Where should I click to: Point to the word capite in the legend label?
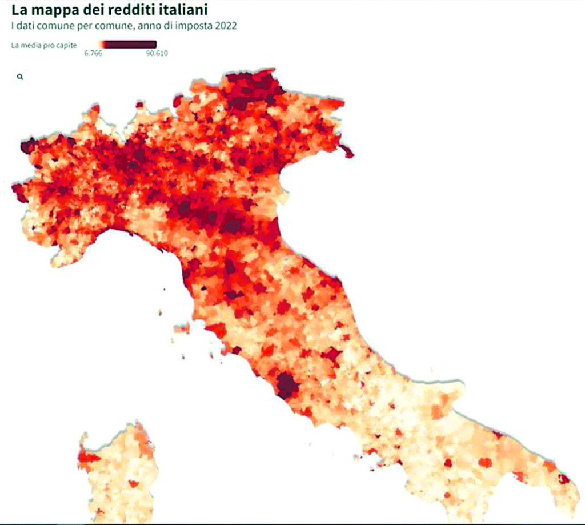coord(69,44)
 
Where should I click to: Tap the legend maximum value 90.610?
coord(156,54)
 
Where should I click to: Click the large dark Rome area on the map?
coord(287,386)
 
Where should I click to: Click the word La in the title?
coord(19,10)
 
